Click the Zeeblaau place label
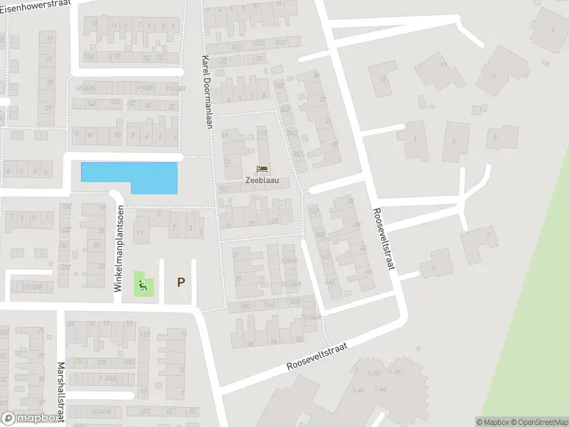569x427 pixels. (x=263, y=181)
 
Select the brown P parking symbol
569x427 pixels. (x=181, y=283)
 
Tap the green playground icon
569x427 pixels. (x=144, y=286)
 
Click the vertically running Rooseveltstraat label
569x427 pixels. (x=385, y=239)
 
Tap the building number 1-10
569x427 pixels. (x=395, y=373)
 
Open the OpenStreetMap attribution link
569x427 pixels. (x=541, y=422)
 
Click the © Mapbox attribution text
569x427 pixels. (x=493, y=422)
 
